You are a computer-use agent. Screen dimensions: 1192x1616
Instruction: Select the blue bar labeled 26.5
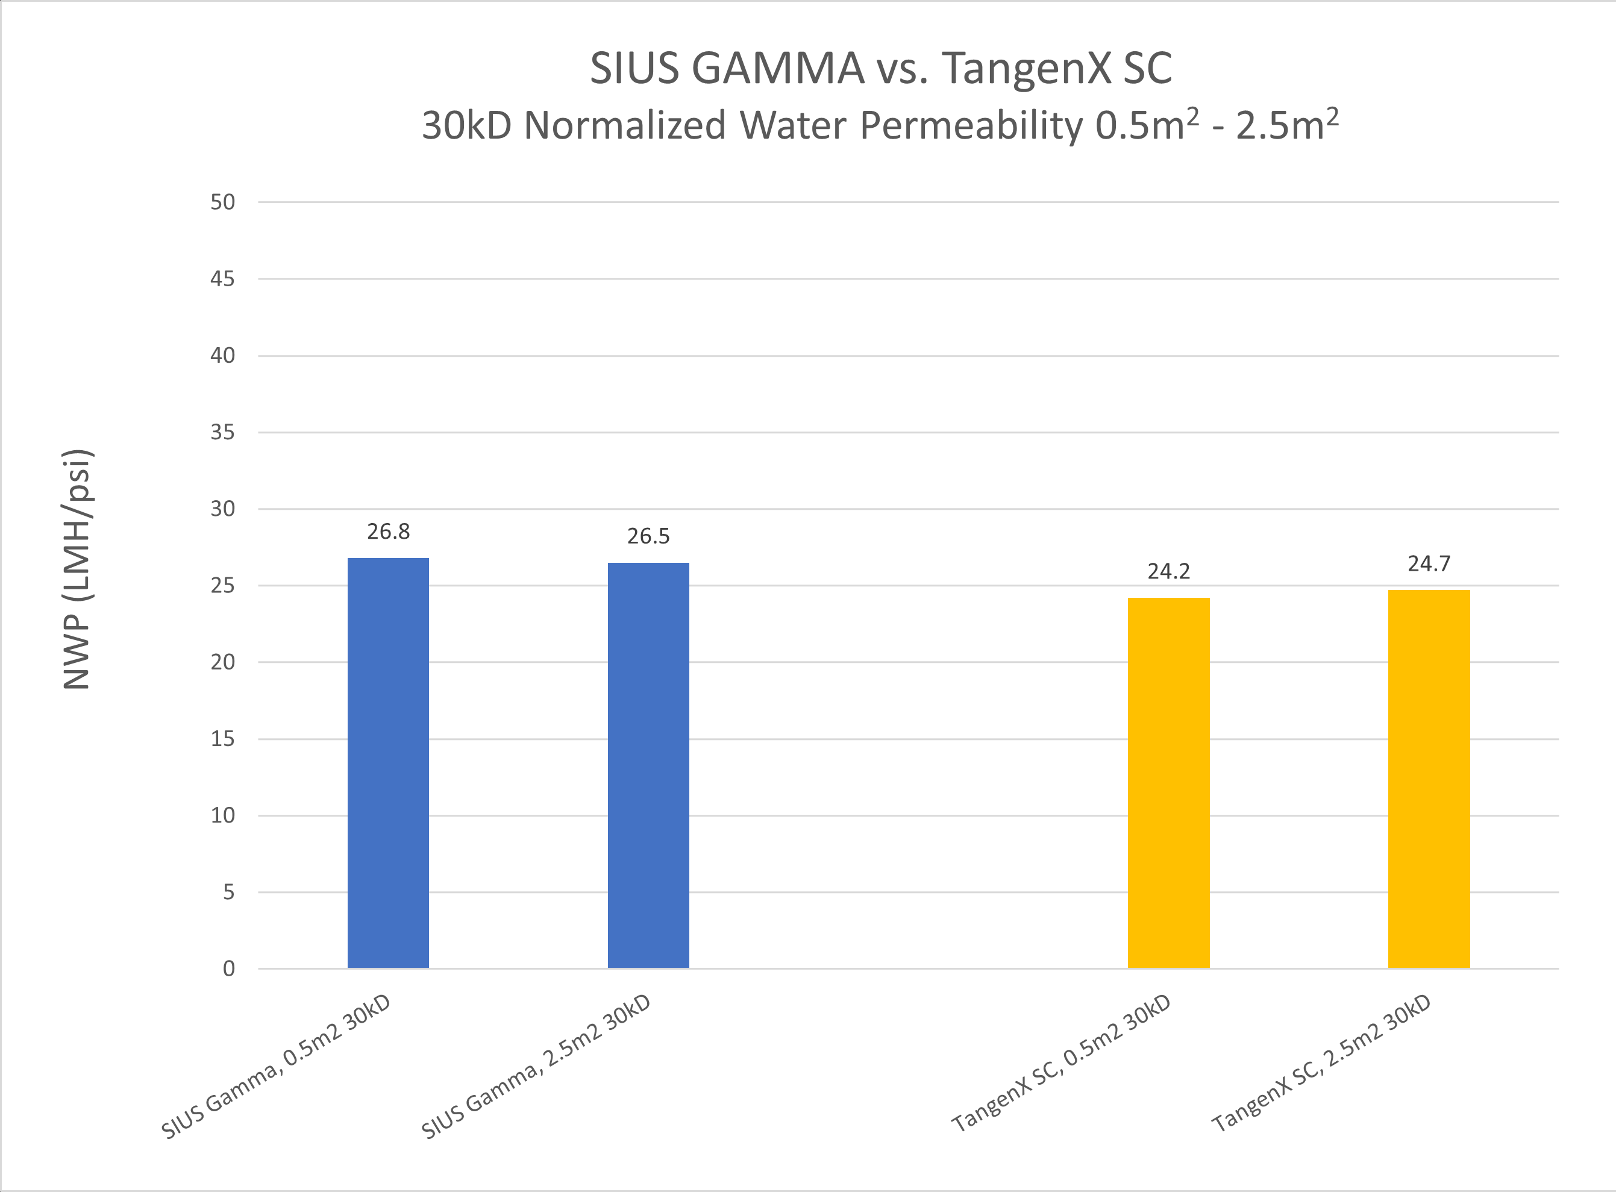coord(648,765)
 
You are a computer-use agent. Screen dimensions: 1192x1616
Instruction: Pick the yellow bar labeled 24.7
coord(1429,779)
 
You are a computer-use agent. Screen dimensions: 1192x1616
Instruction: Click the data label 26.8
coord(388,532)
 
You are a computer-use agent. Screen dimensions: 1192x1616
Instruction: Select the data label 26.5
coord(648,536)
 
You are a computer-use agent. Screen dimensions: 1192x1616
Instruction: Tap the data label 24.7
coord(1429,563)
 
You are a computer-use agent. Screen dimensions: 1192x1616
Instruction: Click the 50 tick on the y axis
coord(222,202)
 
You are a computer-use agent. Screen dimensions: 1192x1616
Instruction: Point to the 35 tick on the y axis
coord(222,432)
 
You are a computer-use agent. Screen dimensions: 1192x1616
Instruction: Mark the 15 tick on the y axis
coord(222,739)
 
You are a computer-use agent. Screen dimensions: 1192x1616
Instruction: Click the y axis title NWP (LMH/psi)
coord(77,569)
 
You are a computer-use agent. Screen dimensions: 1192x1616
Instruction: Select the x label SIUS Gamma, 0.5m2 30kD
coord(275,1067)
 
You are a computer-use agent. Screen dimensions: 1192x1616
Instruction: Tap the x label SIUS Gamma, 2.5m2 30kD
coord(536,1067)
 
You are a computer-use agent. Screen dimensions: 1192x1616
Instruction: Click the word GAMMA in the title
coord(778,69)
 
